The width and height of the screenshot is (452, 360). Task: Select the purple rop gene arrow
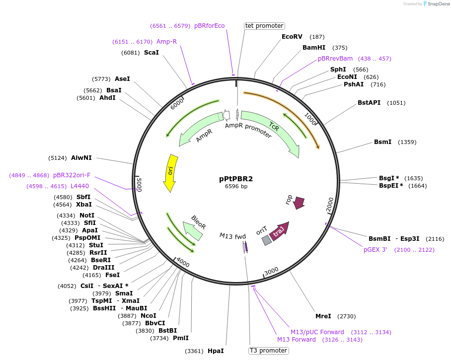click(299, 203)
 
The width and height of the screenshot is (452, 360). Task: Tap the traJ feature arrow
click(279, 231)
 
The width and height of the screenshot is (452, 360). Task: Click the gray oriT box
click(267, 240)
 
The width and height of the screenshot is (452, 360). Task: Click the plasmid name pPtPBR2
click(236, 179)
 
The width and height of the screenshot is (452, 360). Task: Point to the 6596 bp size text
click(236, 187)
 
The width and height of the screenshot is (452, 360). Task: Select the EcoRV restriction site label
click(292, 37)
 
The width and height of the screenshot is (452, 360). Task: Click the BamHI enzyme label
click(314, 48)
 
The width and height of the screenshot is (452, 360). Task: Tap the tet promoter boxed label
click(264, 26)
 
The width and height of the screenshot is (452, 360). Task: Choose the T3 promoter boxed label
click(268, 351)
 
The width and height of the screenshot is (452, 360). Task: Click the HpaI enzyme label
click(216, 351)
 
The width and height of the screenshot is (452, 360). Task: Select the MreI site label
click(323, 316)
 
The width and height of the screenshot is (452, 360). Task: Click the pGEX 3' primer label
click(375, 250)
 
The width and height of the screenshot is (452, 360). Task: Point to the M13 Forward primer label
click(296, 340)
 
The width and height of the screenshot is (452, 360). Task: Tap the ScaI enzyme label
click(151, 53)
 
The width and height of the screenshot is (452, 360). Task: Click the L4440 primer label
click(79, 186)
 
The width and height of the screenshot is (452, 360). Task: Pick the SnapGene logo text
click(439, 3)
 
